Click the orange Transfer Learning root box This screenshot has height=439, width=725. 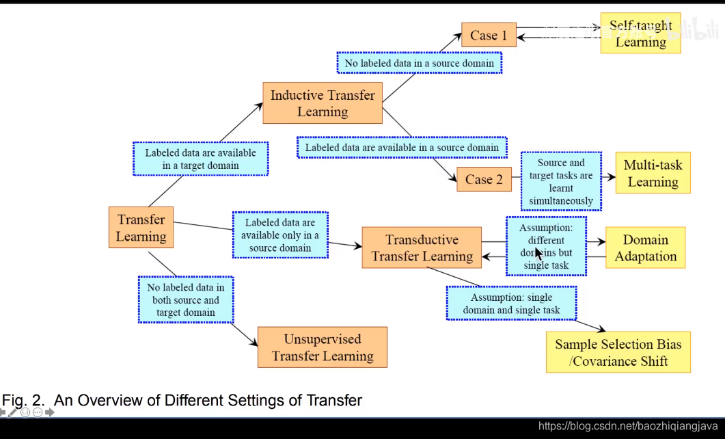click(x=141, y=228)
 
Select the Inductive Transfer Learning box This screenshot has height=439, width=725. click(x=323, y=103)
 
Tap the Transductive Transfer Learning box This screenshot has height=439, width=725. click(x=422, y=248)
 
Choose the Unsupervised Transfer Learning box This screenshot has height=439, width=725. click(x=322, y=347)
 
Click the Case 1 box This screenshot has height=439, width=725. click(x=489, y=36)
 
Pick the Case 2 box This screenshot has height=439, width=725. click(x=484, y=180)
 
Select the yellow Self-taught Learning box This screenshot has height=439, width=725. click(x=640, y=34)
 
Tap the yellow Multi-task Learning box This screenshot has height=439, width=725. click(x=653, y=173)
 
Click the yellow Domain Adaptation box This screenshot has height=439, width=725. click(x=645, y=248)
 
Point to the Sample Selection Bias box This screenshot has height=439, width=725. click(x=618, y=352)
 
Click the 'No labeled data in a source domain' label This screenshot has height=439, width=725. click(x=420, y=64)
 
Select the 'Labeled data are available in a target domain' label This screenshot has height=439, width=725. click(x=200, y=159)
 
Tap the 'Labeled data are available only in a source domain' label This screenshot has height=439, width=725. click(x=280, y=235)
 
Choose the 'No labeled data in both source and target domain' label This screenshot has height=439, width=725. click(x=186, y=300)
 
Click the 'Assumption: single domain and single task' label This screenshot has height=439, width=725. click(x=511, y=304)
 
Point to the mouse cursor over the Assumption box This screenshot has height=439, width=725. click(x=538, y=253)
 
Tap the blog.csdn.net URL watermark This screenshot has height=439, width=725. click(x=627, y=427)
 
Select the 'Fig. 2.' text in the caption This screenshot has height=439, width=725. click(x=24, y=401)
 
